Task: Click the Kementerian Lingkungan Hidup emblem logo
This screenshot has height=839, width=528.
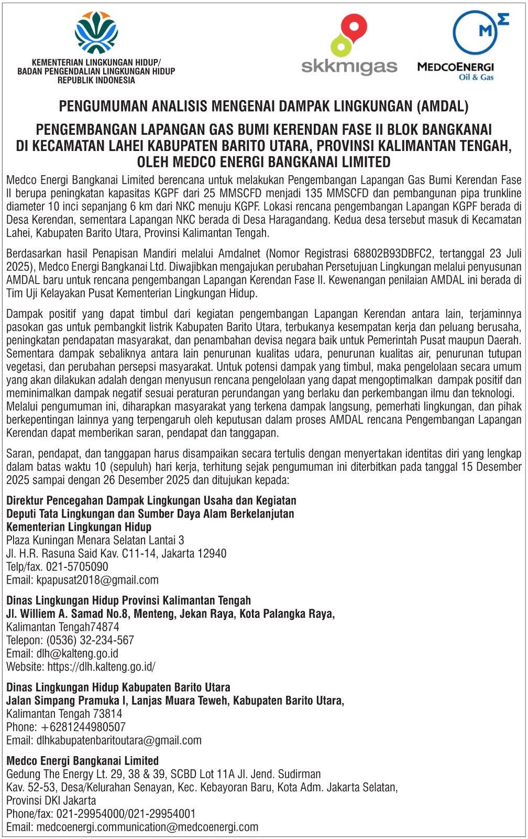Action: tap(96, 33)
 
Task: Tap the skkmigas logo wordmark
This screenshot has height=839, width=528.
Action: tap(349, 67)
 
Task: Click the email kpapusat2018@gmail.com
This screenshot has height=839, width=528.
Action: tap(97, 580)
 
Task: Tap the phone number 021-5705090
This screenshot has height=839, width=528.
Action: tap(77, 567)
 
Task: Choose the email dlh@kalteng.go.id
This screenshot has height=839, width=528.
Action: tap(78, 653)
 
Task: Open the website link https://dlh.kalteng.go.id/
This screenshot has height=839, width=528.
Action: tap(101, 667)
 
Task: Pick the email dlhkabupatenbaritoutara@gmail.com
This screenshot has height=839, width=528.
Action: tap(119, 740)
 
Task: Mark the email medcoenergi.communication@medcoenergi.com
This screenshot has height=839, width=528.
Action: tap(147, 827)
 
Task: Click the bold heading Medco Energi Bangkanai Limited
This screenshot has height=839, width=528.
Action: tap(82, 761)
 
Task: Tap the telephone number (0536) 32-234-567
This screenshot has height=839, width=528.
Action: tap(90, 640)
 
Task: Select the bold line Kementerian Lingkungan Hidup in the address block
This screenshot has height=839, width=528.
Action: tap(79, 527)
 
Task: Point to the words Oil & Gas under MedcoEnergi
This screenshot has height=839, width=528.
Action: tap(476, 77)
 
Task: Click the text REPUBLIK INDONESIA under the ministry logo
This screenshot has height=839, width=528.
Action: tap(96, 80)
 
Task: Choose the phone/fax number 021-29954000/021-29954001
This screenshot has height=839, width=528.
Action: tap(126, 814)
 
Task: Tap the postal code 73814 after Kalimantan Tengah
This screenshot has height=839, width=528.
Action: tap(107, 714)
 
